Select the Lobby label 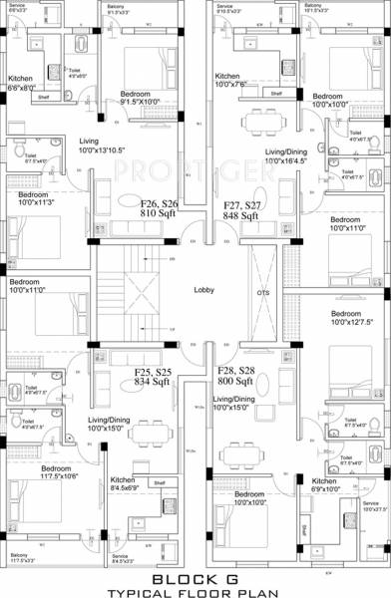193,290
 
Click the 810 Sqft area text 159,213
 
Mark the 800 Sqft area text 236,381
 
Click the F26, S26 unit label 159,201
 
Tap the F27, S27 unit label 241,202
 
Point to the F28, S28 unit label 237,370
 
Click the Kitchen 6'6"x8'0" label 22,83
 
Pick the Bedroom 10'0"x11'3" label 32,199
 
